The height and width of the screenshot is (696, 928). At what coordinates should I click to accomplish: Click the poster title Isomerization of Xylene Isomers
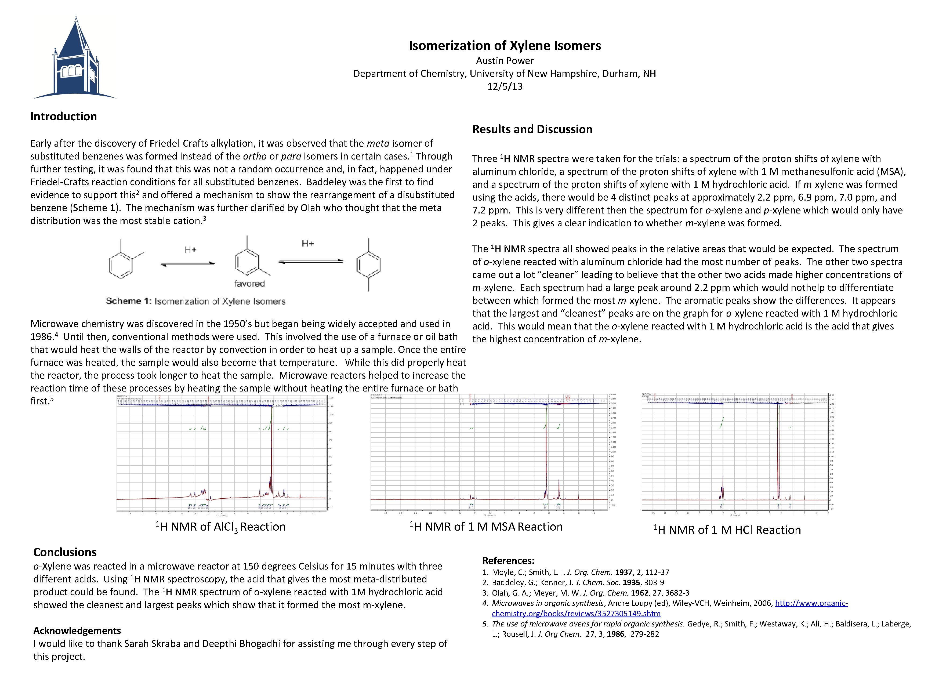click(505, 45)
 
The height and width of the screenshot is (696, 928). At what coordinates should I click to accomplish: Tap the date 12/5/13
click(505, 86)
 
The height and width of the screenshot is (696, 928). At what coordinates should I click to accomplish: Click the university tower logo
click(75, 59)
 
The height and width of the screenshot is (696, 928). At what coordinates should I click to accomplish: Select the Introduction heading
click(63, 116)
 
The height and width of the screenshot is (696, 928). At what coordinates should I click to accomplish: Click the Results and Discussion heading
click(532, 129)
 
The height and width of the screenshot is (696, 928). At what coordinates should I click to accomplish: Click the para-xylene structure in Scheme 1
click(368, 264)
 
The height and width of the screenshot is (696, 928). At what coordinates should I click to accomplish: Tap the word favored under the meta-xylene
click(249, 284)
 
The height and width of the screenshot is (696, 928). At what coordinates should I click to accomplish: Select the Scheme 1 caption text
click(195, 301)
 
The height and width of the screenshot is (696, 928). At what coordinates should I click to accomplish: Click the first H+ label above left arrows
click(190, 250)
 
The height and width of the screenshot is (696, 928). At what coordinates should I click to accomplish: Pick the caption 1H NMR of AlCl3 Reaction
click(221, 527)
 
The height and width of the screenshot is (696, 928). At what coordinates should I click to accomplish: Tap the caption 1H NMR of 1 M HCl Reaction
click(727, 530)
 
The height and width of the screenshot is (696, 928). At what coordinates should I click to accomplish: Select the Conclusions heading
click(65, 552)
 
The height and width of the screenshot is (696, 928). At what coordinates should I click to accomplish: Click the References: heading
click(508, 560)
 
